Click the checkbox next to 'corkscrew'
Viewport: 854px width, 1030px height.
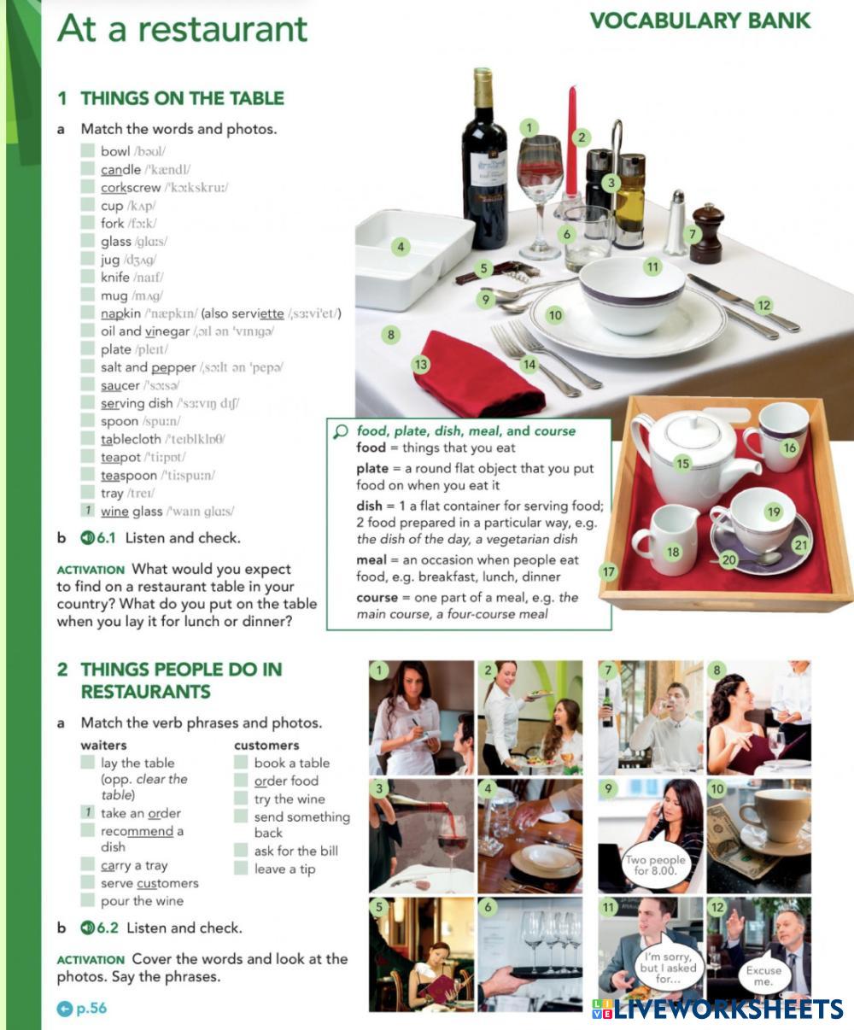[88, 187]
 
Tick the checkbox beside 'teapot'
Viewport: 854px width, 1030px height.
[88, 457]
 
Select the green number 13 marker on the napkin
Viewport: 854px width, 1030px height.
[421, 365]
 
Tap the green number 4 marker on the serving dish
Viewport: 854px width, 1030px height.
[401, 247]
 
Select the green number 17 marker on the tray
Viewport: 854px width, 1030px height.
[608, 571]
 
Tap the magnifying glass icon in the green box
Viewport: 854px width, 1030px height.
[341, 431]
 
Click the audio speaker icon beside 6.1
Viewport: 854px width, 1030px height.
[87, 537]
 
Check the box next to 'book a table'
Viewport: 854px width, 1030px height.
[241, 762]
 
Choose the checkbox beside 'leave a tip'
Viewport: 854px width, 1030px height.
[241, 869]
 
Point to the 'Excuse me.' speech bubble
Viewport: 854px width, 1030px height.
[763, 975]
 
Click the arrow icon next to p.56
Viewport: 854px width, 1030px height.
[65, 1009]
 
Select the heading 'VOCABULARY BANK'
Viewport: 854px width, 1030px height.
[700, 20]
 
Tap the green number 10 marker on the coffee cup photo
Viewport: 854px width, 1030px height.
[717, 789]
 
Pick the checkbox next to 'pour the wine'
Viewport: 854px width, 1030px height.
[88, 900]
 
